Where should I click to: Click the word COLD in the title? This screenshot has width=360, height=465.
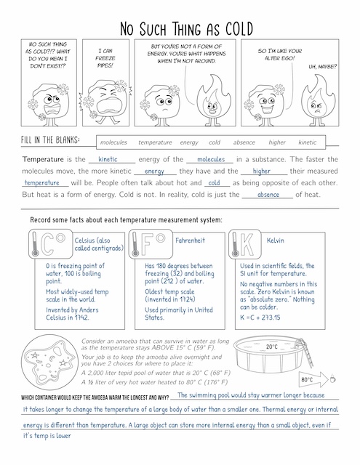click(239, 29)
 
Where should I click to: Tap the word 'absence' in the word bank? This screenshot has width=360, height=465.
click(244, 142)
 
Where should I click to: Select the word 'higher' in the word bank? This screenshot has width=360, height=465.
click(277, 142)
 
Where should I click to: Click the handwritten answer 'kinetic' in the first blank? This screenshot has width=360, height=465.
click(108, 159)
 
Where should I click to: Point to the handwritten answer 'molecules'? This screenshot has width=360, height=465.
click(211, 159)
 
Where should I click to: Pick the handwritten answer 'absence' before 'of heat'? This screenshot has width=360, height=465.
click(268, 195)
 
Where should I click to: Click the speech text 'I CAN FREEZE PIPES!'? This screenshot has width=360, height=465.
click(105, 58)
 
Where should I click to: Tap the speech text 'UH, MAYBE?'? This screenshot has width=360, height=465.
click(323, 67)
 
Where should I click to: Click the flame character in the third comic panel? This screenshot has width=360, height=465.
click(213, 100)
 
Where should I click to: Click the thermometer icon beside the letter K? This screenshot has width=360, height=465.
click(236, 245)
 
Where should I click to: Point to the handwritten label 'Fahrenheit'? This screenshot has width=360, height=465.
click(190, 240)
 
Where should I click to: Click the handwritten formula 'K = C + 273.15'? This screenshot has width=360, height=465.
click(260, 318)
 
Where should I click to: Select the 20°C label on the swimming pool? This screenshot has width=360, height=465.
click(272, 347)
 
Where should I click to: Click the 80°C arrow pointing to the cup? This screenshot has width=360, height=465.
click(313, 379)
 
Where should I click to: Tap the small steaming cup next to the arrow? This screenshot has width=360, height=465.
click(332, 379)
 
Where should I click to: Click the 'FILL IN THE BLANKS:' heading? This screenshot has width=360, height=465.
click(50, 139)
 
